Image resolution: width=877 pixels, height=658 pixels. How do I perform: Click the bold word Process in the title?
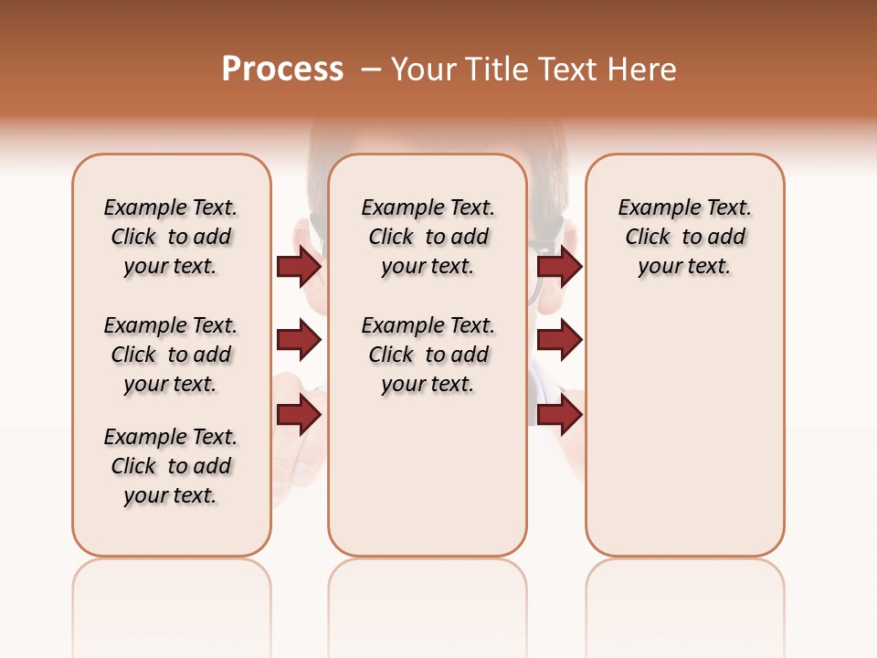(x=282, y=69)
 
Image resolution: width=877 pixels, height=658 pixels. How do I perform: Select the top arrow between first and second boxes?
(x=300, y=266)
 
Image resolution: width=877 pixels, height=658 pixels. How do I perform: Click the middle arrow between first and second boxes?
(x=300, y=341)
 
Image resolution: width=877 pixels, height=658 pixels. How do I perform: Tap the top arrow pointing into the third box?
(x=559, y=266)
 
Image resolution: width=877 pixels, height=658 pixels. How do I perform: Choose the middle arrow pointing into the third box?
(x=559, y=341)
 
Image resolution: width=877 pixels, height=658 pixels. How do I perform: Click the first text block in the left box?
(x=171, y=237)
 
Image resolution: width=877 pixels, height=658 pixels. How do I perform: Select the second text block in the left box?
(x=171, y=355)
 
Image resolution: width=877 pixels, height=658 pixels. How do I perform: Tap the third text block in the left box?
(x=171, y=466)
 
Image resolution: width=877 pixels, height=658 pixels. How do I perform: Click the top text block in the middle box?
(x=428, y=237)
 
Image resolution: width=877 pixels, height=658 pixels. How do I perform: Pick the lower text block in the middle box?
(x=428, y=355)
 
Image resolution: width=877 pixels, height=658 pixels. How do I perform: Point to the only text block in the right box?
(x=684, y=237)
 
